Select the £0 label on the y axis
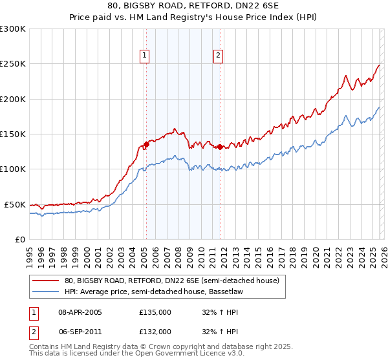pyautogui.click(x=18, y=239)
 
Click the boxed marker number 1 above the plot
pyautogui.click(x=145, y=56)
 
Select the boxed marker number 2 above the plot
pyautogui.click(x=219, y=56)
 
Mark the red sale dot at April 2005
pyautogui.click(x=146, y=145)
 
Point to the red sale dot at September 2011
pyautogui.click(x=220, y=147)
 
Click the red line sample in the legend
pyautogui.click(x=46, y=281)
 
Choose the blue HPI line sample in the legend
pyautogui.click(x=46, y=292)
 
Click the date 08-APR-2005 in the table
pyautogui.click(x=80, y=312)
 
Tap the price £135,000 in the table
pyautogui.click(x=155, y=312)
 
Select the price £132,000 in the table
pyautogui.click(x=155, y=331)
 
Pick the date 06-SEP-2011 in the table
pyautogui.click(x=80, y=331)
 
